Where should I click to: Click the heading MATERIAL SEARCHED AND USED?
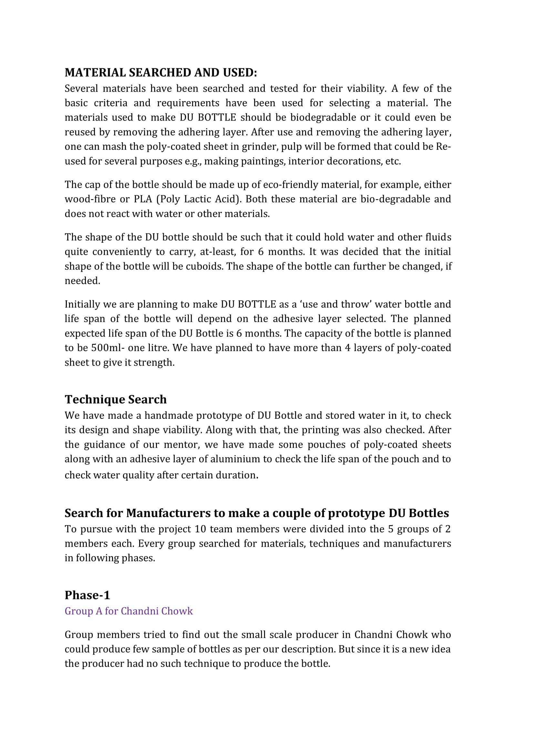point(160,72)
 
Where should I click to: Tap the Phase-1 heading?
point(87,595)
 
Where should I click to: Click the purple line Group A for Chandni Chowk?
point(128,611)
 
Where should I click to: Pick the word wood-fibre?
point(90,199)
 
